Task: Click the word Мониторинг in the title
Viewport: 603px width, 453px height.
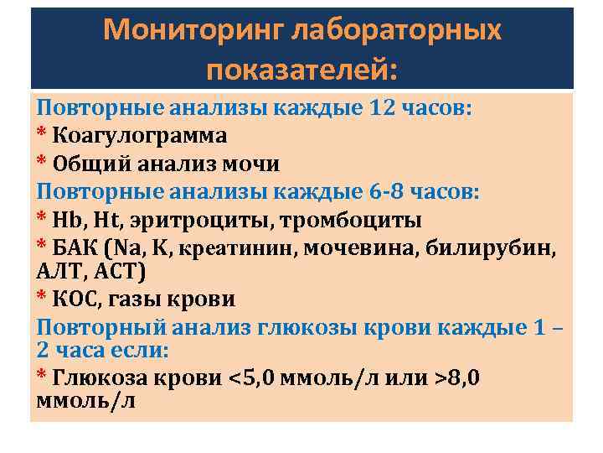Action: pos(193,30)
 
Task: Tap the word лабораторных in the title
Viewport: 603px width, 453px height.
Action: pos(397,30)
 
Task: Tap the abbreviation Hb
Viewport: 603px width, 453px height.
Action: pos(64,220)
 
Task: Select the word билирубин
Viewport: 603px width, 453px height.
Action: pos(495,247)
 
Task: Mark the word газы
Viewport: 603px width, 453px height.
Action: pos(140,299)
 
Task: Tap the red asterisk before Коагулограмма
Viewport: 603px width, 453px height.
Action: pos(40,134)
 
